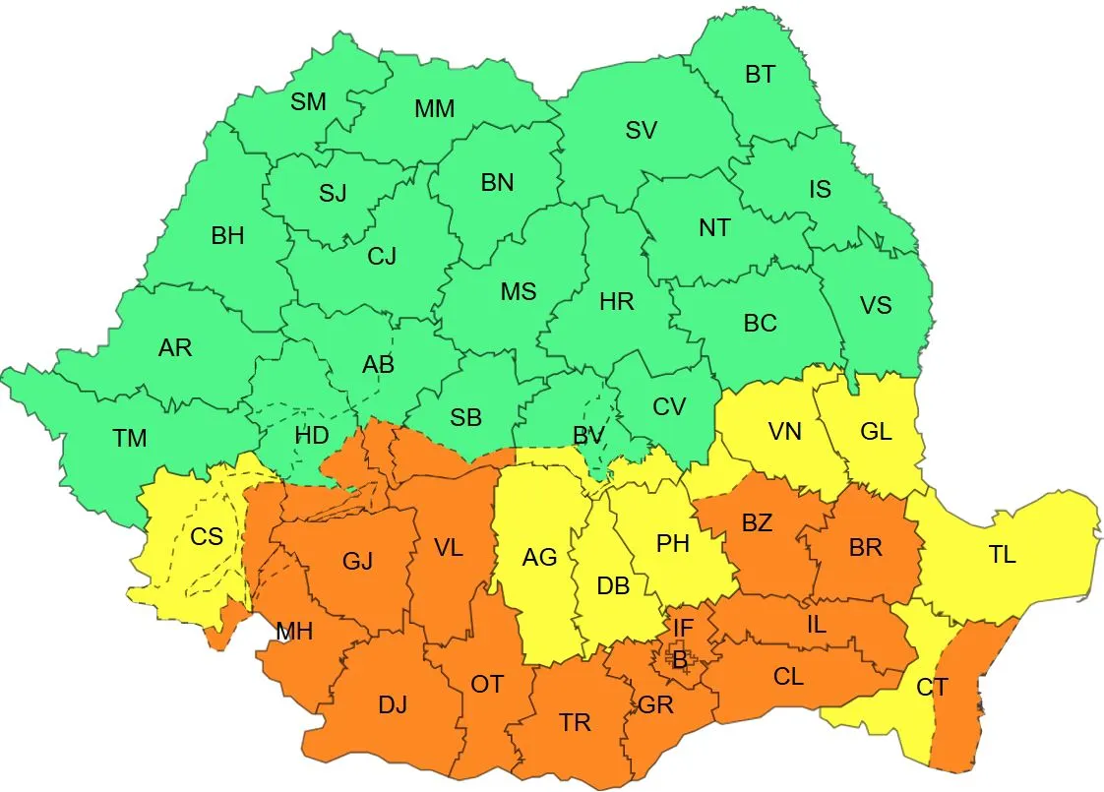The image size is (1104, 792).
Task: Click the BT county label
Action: [x=760, y=75]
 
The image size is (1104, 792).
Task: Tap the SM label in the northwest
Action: [x=308, y=102]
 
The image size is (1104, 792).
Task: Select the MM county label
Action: [x=434, y=109]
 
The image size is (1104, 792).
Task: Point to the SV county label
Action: [x=641, y=130]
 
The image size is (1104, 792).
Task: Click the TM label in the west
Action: [x=129, y=439]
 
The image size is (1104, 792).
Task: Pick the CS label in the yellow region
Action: [x=207, y=537]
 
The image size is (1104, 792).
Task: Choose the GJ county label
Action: [x=357, y=561]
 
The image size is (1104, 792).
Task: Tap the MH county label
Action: [x=294, y=632]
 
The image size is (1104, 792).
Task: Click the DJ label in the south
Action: [x=392, y=705]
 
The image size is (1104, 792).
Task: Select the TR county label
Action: [x=575, y=723]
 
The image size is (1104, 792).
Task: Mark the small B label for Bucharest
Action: [x=679, y=660]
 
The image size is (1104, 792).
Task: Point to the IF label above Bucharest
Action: [x=683, y=627]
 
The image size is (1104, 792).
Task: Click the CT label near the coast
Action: [x=931, y=687]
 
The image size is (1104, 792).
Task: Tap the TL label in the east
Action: [x=1002, y=555]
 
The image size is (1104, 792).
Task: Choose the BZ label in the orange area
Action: [x=756, y=523]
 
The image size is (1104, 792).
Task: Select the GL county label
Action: [x=876, y=432]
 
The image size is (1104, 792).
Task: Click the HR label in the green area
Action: [x=616, y=302]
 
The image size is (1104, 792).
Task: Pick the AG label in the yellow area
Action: [x=539, y=558]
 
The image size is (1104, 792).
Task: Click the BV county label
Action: [x=588, y=436]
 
